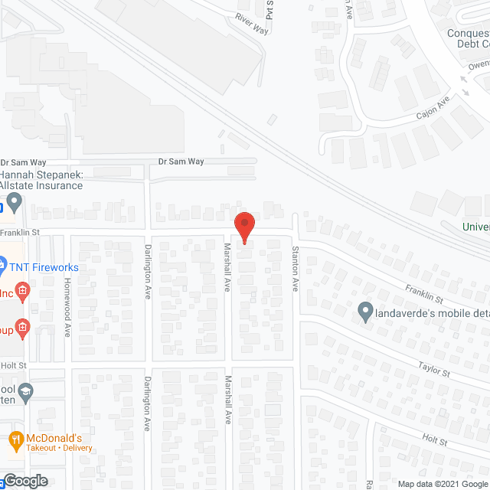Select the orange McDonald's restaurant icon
pyautogui.click(x=15, y=439)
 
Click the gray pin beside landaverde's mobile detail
pyautogui.click(x=365, y=312)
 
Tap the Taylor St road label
pyautogui.click(x=433, y=367)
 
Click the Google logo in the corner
pyautogui.click(x=24, y=481)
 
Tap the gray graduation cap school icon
pyautogui.click(x=25, y=391)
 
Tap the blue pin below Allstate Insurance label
pyautogui.click(x=15, y=204)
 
